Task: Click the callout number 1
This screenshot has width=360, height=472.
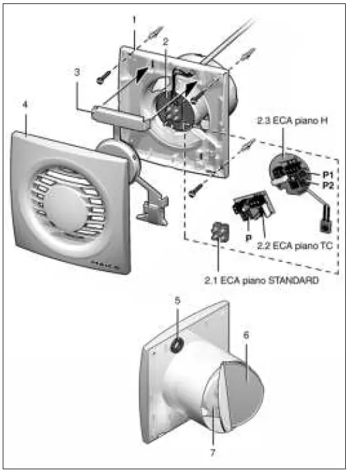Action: (134, 21)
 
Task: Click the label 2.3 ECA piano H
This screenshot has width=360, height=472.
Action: (284, 121)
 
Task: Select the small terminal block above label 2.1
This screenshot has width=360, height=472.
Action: (219, 233)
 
